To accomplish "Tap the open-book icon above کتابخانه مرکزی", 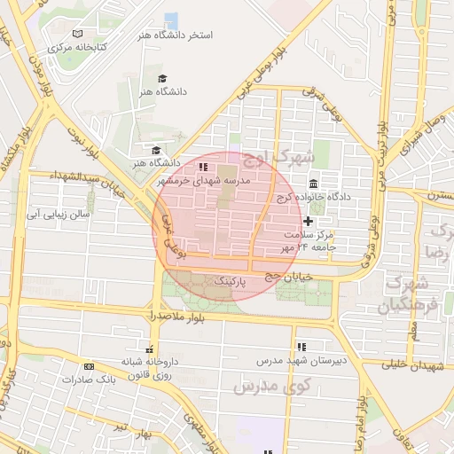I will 77,33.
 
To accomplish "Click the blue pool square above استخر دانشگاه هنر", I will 171,20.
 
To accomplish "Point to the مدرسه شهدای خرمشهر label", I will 204,179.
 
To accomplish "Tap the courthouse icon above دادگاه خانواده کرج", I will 314,182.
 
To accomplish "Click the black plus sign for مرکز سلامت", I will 308,221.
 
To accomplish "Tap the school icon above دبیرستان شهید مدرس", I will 301,346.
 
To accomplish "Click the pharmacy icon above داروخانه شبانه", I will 149,349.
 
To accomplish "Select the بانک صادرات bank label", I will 90,379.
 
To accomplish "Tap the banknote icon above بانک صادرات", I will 89,365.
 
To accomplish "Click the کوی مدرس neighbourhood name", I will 270,387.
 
